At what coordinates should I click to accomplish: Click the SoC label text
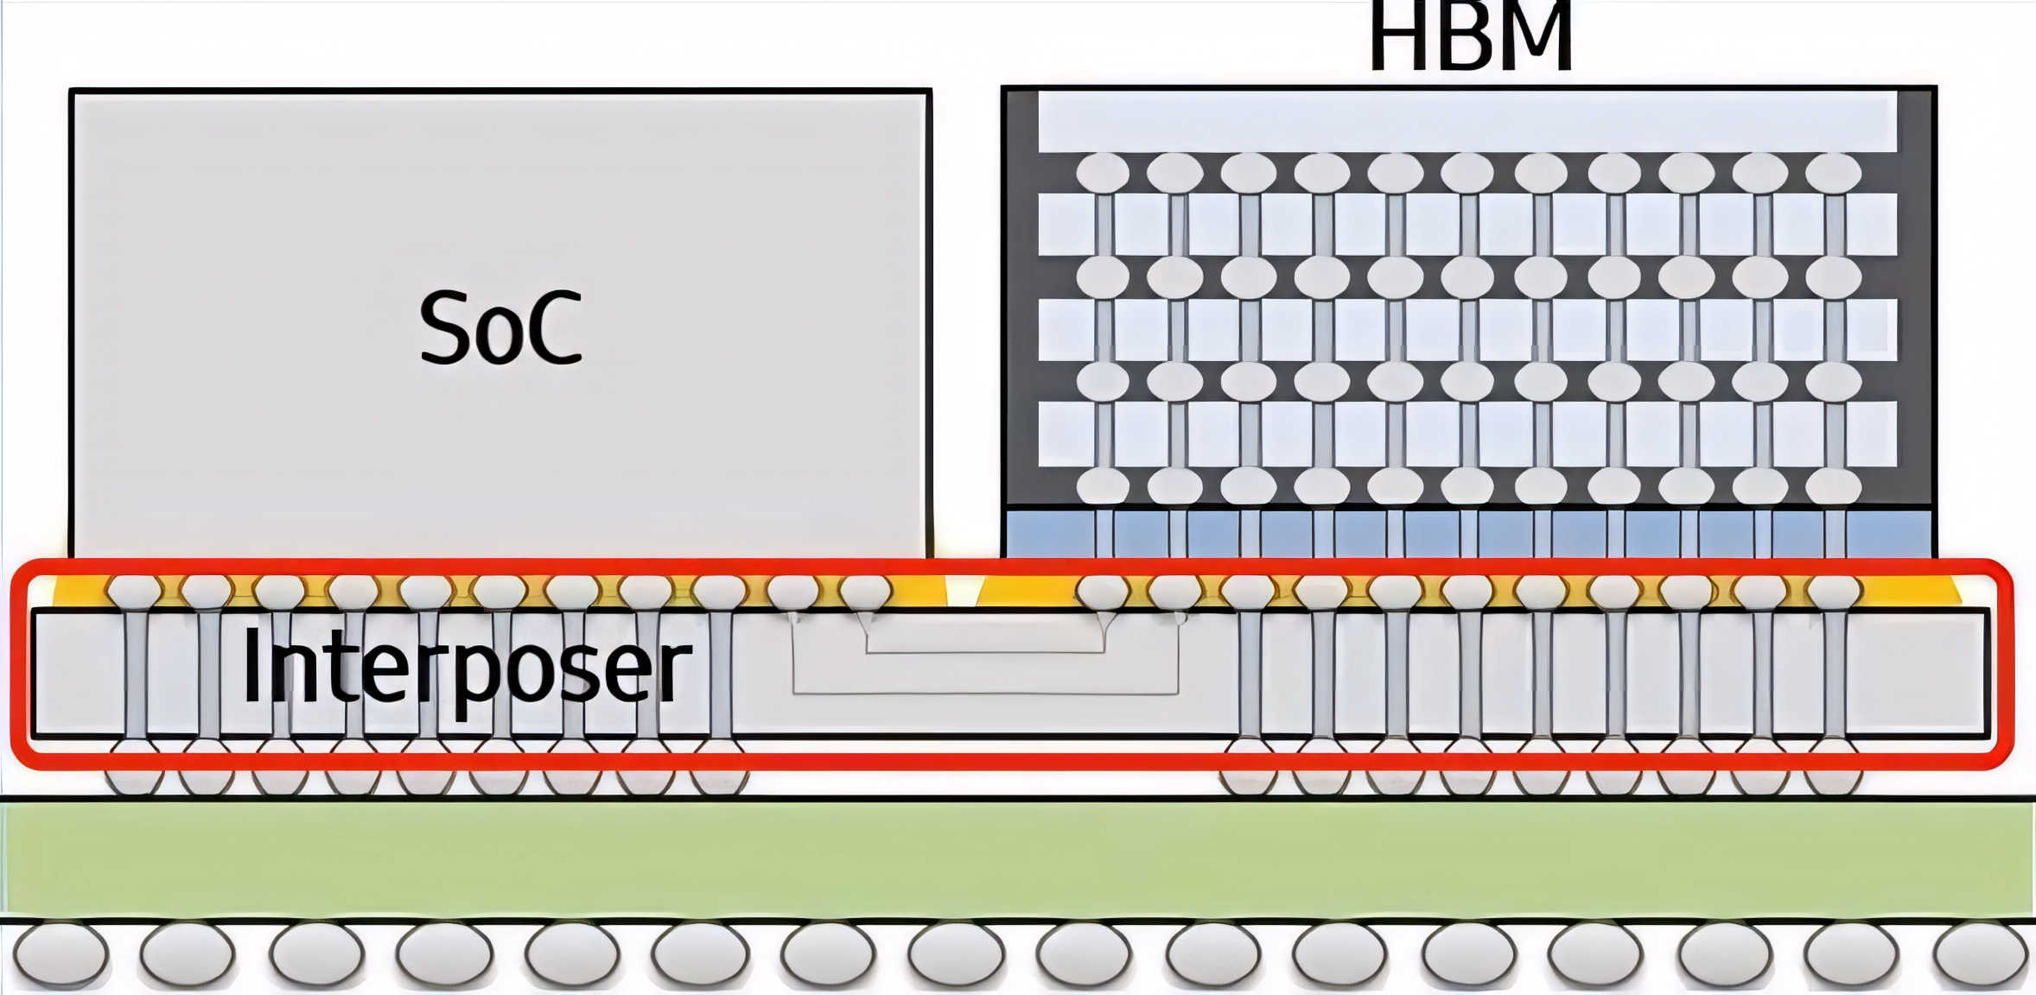pyautogui.click(x=500, y=328)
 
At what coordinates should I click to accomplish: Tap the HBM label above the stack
pyautogui.click(x=1470, y=38)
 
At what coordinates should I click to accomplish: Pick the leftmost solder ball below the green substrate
pyautogui.click(x=60, y=954)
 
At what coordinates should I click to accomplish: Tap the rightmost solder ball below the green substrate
pyautogui.click(x=1981, y=954)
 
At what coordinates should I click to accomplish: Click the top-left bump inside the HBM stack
pyautogui.click(x=1103, y=173)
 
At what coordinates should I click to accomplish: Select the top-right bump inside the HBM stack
pyautogui.click(x=1833, y=173)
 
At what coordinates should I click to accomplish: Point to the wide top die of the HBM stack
pyautogui.click(x=1467, y=122)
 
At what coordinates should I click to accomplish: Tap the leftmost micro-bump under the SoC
pyautogui.click(x=134, y=593)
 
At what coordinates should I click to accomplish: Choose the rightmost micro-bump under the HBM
pyautogui.click(x=1834, y=593)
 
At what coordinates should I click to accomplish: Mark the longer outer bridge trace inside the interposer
pyautogui.click(x=985, y=692)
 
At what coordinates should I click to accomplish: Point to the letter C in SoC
pyautogui.click(x=554, y=329)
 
